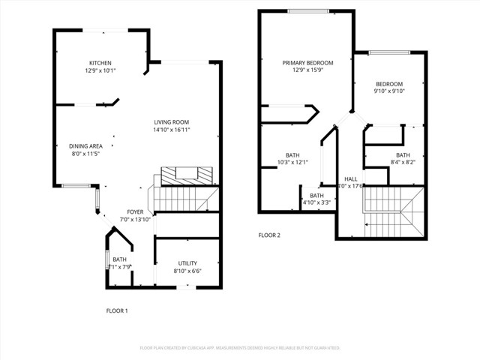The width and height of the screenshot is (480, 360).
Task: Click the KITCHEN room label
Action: [x=100, y=63]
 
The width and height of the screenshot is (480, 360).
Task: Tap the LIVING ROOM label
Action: [x=171, y=122]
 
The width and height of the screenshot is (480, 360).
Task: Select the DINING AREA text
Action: [x=85, y=145]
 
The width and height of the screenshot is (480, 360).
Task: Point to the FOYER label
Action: [x=135, y=211]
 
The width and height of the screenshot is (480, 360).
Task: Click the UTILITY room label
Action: [x=187, y=262]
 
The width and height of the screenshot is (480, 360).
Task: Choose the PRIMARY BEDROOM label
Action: [x=307, y=63]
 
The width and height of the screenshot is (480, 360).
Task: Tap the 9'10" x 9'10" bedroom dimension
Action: [x=389, y=91]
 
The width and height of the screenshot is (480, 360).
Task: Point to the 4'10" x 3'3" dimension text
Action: [x=316, y=202]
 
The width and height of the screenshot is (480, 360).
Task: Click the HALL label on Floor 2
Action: [x=350, y=179]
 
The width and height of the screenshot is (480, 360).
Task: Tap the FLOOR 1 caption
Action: [x=116, y=310]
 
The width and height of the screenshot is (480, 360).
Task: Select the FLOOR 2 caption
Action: [x=269, y=235]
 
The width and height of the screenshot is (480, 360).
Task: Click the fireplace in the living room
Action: [x=184, y=175]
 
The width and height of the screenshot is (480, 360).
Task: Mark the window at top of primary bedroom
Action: [x=307, y=10]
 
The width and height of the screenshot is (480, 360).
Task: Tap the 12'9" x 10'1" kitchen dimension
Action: [x=100, y=71]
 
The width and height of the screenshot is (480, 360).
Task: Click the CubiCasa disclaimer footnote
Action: [x=240, y=348]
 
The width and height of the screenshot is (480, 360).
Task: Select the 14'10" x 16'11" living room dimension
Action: [x=171, y=130]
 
